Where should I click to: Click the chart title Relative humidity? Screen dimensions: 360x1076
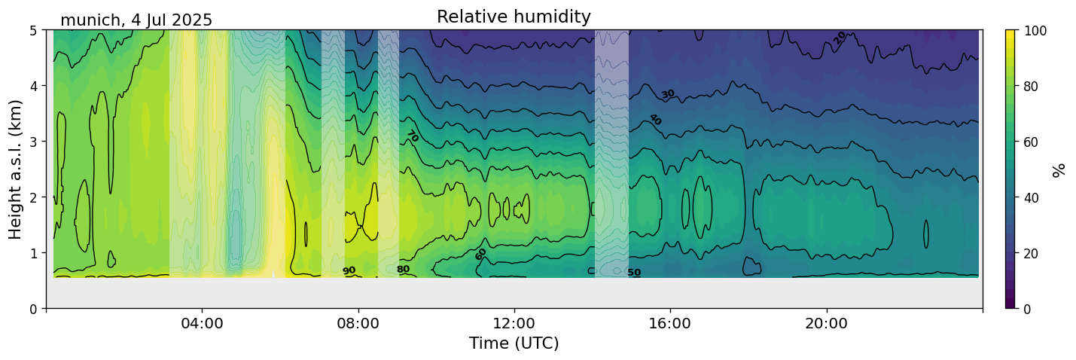pyautogui.click(x=514, y=17)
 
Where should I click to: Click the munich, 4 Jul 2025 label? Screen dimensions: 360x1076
pyautogui.click(x=136, y=20)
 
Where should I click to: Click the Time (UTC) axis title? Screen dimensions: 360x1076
pyautogui.click(x=514, y=344)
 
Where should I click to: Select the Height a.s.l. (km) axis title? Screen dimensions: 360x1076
pyautogui.click(x=16, y=169)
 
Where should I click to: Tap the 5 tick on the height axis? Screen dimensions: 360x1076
pyautogui.click(x=34, y=30)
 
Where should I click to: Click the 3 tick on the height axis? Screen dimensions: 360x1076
pyautogui.click(x=34, y=142)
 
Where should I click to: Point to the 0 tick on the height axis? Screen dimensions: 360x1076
pyautogui.click(x=34, y=309)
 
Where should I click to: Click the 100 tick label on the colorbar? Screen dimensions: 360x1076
pyautogui.click(x=1034, y=31)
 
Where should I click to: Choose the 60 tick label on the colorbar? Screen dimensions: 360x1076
pyautogui.click(x=1031, y=142)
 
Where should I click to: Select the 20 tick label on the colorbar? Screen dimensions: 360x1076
pyautogui.click(x=1031, y=253)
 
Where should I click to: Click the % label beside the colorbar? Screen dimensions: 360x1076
pyautogui.click(x=1059, y=169)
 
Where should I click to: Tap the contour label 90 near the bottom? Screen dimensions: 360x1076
pyautogui.click(x=349, y=271)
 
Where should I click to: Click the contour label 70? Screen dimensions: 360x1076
pyautogui.click(x=412, y=137)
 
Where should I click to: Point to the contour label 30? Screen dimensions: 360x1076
pyautogui.click(x=668, y=94)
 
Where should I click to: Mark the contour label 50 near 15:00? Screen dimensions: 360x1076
pyautogui.click(x=634, y=273)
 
